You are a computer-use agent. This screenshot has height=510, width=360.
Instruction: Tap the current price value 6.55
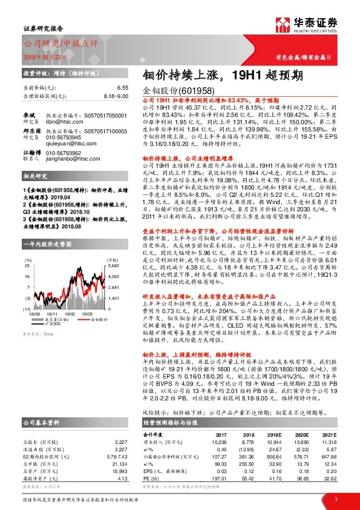pos(123,88)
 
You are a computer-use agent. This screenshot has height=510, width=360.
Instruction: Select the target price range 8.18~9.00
pos(116,96)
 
